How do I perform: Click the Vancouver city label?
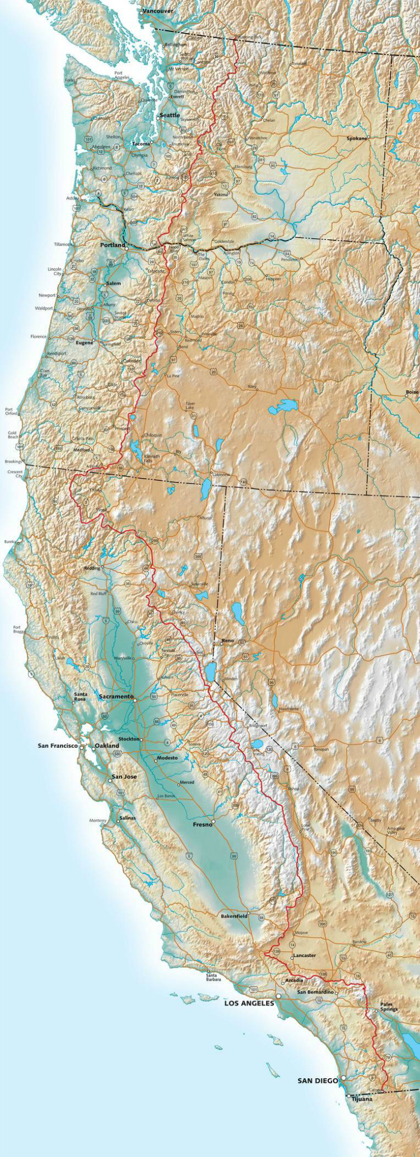click(x=157, y=11)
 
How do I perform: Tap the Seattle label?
click(x=170, y=115)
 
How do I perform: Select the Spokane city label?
click(x=357, y=138)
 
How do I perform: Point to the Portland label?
click(x=112, y=245)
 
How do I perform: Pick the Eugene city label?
click(x=85, y=342)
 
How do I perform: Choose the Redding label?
click(x=91, y=568)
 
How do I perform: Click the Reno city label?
click(x=227, y=640)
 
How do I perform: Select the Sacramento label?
click(x=116, y=697)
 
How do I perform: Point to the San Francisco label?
click(x=58, y=746)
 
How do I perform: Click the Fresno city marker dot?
click(x=213, y=821)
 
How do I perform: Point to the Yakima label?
click(x=221, y=195)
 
